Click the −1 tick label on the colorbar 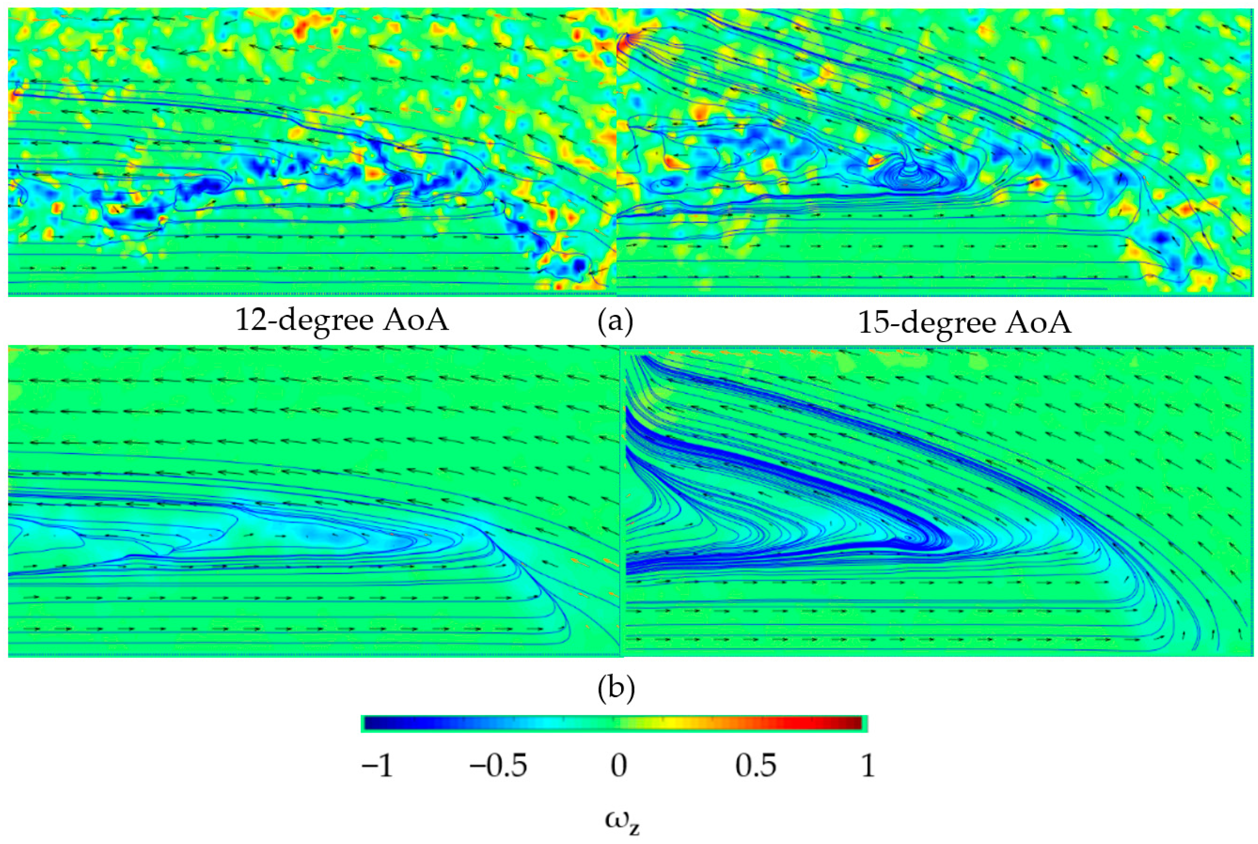(x=377, y=766)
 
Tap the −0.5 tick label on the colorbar (x=498, y=766)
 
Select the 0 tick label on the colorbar (x=619, y=766)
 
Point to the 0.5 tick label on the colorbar (x=756, y=766)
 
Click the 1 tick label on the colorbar (x=868, y=766)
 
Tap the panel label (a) (x=616, y=322)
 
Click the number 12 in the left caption (x=251, y=321)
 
